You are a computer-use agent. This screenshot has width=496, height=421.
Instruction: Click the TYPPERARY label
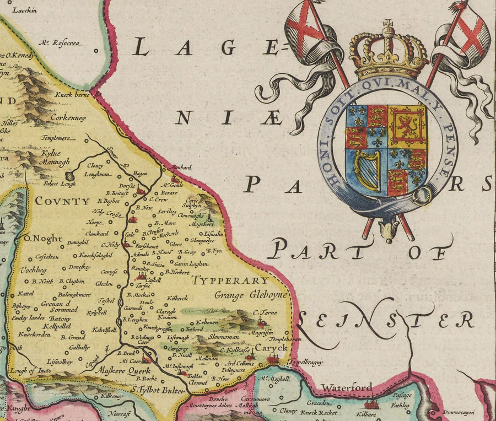click(230, 280)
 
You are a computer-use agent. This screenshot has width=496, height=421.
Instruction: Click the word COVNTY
click(62, 202)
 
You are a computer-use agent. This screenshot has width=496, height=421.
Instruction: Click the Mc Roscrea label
click(60, 42)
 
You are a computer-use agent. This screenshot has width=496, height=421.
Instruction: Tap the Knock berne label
click(72, 95)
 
